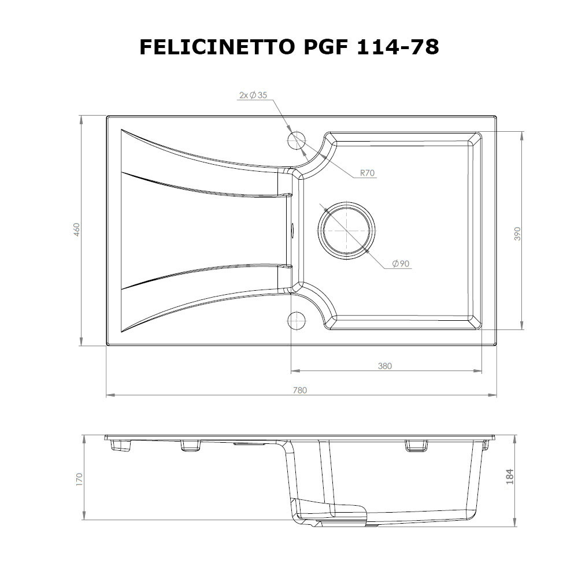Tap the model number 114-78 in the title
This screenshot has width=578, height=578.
397,47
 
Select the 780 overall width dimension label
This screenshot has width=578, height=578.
299,390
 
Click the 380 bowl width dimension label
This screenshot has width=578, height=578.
385,365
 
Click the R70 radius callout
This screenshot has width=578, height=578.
368,172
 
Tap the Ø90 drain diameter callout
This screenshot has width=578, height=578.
400,264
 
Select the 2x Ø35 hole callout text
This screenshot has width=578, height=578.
253,95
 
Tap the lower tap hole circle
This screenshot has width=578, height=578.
297,320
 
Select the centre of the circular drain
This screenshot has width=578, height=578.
346,229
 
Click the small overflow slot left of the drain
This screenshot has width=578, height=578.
292,229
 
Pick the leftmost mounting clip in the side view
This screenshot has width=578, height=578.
123,446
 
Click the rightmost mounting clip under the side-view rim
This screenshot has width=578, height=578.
486,445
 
